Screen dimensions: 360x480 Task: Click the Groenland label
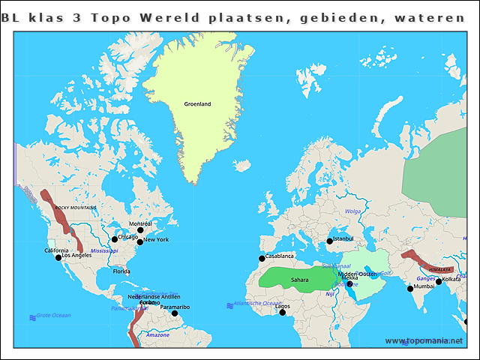tap(197, 104)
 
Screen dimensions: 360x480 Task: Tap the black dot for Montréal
tap(139, 230)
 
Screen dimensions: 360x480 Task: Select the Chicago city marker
tap(115, 240)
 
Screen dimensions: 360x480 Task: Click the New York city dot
tap(139, 241)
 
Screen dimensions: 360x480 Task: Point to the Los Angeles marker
tap(58, 258)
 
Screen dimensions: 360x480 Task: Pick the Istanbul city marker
tap(329, 241)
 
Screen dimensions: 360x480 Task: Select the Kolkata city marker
tap(439, 282)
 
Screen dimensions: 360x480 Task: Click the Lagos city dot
tap(282, 312)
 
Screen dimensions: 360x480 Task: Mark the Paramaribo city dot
tap(174, 313)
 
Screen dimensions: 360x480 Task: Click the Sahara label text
tap(300, 280)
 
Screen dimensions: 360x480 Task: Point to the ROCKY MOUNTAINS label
tap(76, 207)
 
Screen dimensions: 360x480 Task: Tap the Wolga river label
tap(352, 211)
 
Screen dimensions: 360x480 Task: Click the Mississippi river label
tap(104, 250)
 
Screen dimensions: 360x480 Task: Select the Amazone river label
tap(157, 335)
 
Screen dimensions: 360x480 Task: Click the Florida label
tap(121, 271)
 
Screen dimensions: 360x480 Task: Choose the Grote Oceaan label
tap(53, 316)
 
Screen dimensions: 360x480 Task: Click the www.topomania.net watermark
tap(424, 341)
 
